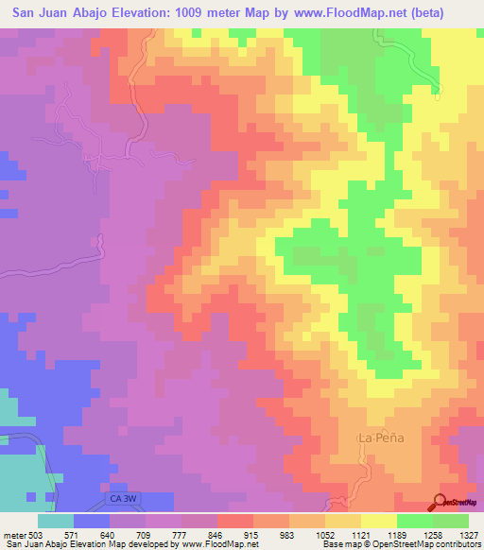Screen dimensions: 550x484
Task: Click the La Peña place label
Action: pyautogui.click(x=376, y=438)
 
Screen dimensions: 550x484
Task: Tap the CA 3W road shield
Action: pyautogui.click(x=114, y=494)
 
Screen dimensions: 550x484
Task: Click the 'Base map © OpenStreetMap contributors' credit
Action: pyautogui.click(x=400, y=544)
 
